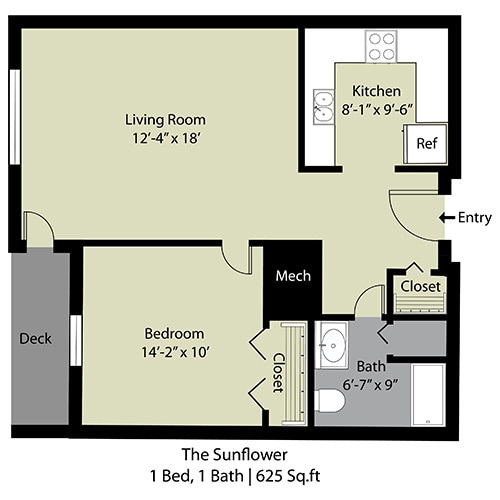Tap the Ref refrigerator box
pos(427,142)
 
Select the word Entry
pos(473,217)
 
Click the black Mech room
pos(293,276)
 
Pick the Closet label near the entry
pos(420,286)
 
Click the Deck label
pos(35,337)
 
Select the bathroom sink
pos(331,345)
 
